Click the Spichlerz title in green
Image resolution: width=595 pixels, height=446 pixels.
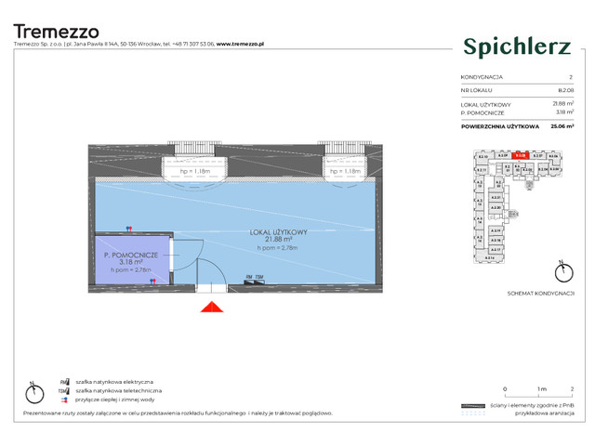[x=516, y=45]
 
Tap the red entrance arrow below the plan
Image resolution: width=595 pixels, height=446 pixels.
[x=213, y=308]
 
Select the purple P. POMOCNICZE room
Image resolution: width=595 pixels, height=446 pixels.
[x=131, y=261]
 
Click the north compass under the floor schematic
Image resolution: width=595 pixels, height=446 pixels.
[x=561, y=272]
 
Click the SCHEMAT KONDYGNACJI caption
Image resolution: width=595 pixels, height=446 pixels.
[x=531, y=294]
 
